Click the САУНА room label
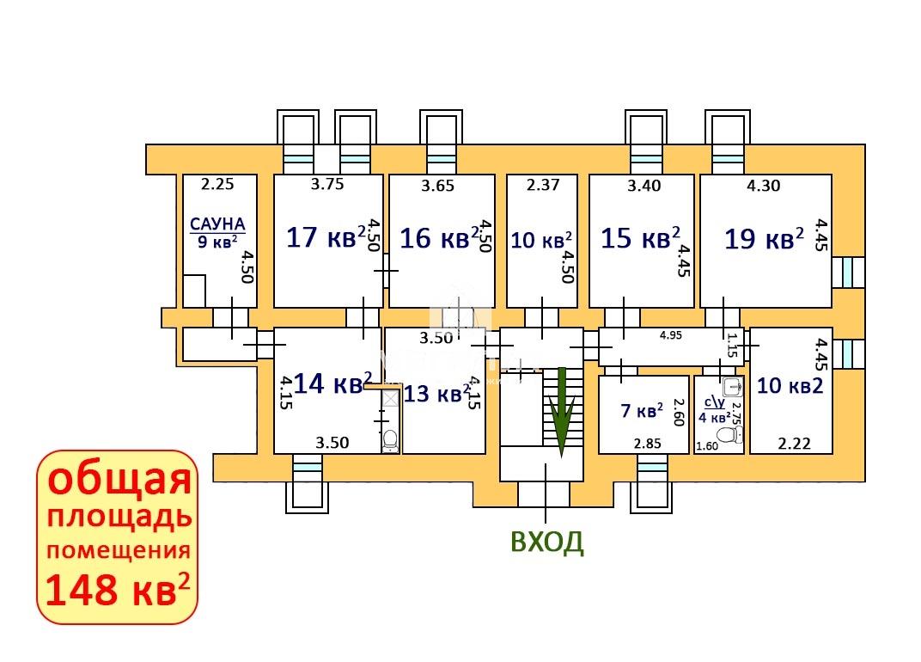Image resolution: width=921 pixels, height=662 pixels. (x=217, y=224)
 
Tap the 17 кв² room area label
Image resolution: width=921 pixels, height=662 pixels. (x=326, y=237)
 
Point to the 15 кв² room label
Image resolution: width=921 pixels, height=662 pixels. (x=640, y=238)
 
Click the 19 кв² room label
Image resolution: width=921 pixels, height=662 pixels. (x=764, y=239)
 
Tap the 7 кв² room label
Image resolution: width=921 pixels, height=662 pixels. (x=642, y=410)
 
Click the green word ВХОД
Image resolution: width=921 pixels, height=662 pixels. (x=547, y=542)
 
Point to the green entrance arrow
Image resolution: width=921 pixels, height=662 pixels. (x=562, y=412)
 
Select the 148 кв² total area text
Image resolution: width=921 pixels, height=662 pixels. (x=118, y=590)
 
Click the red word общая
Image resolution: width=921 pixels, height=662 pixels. (x=119, y=479)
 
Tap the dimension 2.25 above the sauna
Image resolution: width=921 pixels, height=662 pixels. (x=217, y=184)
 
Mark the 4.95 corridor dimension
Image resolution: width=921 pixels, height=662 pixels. (x=671, y=335)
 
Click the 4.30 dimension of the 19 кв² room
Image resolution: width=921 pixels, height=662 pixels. (x=764, y=186)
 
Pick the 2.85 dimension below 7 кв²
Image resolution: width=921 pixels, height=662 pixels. (x=647, y=444)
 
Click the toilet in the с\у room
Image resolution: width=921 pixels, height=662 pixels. (x=730, y=435)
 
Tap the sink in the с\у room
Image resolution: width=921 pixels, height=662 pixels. (x=732, y=386)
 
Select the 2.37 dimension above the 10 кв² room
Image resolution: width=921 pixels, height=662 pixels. (x=543, y=185)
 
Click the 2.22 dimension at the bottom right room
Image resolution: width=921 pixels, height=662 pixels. (x=794, y=443)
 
